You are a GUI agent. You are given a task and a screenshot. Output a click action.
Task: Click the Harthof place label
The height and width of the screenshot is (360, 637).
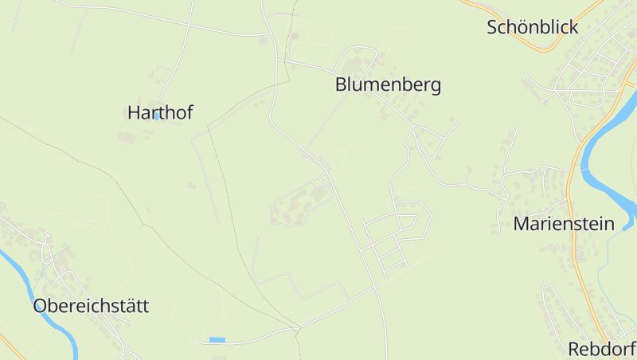click(160, 113)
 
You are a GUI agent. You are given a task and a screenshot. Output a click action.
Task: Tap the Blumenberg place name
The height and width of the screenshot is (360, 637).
click(388, 84)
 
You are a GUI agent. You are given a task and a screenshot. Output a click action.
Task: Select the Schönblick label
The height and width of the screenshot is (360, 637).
click(532, 27)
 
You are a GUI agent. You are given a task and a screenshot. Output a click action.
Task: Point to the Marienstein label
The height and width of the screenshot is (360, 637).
click(564, 223)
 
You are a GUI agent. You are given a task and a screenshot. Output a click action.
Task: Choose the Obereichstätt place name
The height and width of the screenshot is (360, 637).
click(91, 306)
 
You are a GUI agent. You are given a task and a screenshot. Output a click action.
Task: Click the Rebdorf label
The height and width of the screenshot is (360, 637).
click(601, 349)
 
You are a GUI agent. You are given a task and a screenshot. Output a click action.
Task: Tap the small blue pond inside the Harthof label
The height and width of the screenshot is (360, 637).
click(157, 116)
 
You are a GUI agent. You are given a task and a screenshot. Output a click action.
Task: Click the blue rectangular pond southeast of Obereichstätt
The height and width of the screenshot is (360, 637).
click(217, 340)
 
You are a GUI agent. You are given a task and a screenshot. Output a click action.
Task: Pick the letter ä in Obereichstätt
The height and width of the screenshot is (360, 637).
click(131, 306)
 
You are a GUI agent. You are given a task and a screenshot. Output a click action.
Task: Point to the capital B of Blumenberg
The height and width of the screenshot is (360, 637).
click(341, 84)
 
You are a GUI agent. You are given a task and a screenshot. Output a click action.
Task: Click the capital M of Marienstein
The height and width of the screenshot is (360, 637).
click(522, 223)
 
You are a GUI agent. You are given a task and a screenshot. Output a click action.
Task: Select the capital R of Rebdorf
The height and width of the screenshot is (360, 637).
click(573, 349)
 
